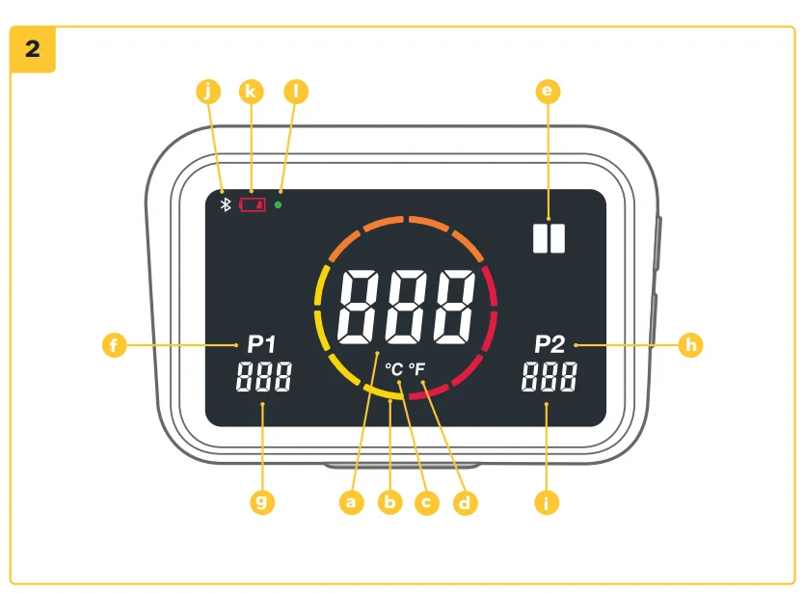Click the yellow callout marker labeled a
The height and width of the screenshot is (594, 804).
point(352,501)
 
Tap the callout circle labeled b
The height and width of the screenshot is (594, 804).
point(389,501)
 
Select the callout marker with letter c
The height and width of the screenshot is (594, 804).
point(426,501)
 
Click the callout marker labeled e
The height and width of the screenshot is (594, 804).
point(548,92)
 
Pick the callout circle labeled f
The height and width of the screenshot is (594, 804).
point(114,344)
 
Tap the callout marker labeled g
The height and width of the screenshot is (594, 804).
point(261,501)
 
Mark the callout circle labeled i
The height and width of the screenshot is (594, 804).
point(548,501)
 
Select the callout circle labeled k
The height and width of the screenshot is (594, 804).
point(251,92)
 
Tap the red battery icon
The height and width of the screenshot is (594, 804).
point(253,204)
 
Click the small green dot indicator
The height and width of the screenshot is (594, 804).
point(278,204)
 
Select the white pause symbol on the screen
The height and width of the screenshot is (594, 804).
point(548,238)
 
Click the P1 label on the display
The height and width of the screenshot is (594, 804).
point(261,343)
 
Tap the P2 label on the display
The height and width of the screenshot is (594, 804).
point(549,343)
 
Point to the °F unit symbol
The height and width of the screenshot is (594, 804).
point(415,368)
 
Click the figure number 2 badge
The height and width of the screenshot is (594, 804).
point(33,49)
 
